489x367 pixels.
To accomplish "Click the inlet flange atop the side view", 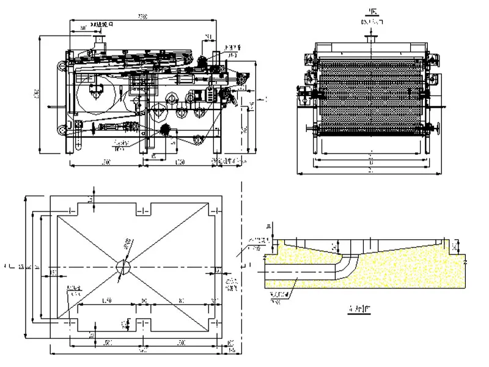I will click(x=98, y=40).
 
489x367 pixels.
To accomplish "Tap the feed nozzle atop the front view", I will click(x=369, y=39).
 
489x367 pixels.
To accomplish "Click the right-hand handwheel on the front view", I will click(x=438, y=129).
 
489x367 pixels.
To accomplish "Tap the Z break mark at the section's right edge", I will click(x=465, y=261).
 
